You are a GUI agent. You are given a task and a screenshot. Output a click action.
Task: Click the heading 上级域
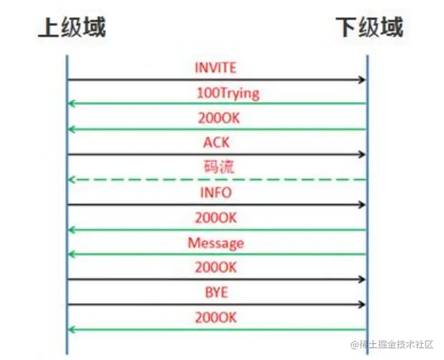(x=71, y=26)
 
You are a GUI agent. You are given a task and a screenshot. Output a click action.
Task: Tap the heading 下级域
(x=369, y=26)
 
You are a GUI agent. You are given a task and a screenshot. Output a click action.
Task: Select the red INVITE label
(x=215, y=68)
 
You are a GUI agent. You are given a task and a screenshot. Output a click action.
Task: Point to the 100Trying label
(x=227, y=93)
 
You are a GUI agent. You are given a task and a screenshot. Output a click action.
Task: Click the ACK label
(x=216, y=143)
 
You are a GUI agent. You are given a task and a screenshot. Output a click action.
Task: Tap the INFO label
(x=216, y=193)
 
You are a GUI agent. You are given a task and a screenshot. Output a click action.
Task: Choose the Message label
(x=216, y=243)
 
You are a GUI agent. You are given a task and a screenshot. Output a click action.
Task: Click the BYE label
(x=216, y=293)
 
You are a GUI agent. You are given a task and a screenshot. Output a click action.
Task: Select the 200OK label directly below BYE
(x=216, y=318)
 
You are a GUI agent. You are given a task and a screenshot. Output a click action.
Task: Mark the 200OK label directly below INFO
(x=216, y=218)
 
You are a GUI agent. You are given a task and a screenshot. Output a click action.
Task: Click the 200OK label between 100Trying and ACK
(x=216, y=118)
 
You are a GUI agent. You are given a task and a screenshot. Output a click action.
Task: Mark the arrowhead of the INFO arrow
(x=362, y=205)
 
